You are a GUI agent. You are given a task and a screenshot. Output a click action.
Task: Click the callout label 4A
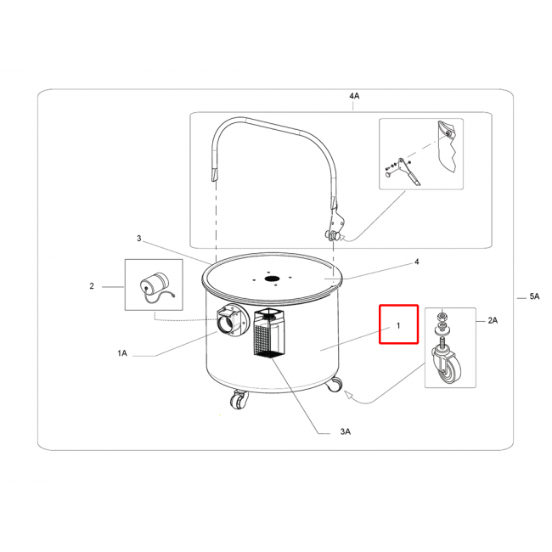pos(354,96)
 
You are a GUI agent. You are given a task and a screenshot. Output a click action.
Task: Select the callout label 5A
pos(534,296)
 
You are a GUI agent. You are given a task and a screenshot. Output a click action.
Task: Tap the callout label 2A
pos(493,320)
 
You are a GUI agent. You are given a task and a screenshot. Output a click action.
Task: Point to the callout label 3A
pos(346,431)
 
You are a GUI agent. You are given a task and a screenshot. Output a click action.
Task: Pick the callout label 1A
pos(122,353)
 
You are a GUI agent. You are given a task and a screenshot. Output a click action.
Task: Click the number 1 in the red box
pos(398,325)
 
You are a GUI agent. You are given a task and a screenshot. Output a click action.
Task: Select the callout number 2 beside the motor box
pos(92,286)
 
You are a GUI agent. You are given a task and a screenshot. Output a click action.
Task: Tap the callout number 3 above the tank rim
pos(138,239)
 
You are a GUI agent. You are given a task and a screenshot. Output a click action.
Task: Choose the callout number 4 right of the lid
pos(417,262)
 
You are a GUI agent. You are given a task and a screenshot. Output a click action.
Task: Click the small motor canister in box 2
pos(155,283)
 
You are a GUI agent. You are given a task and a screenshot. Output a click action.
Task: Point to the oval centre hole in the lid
pos(272,279)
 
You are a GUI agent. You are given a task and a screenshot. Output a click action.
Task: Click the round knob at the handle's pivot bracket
pos(333,235)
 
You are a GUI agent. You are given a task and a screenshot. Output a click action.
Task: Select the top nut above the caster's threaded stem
pos(442,315)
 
